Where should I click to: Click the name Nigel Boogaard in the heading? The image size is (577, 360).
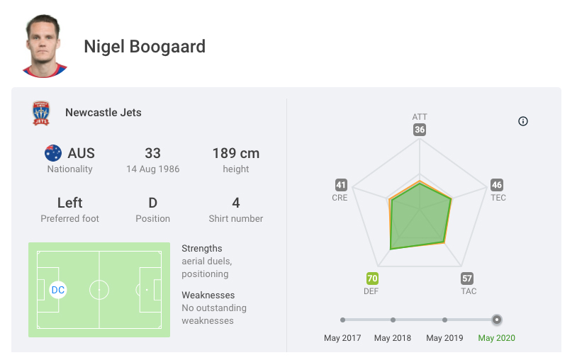click(145, 47)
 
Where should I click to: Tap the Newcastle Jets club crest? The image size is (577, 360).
click(41, 113)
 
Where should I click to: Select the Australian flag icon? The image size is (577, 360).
click(53, 153)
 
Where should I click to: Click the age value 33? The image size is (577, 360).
click(152, 153)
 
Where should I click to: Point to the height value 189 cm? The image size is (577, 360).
click(235, 153)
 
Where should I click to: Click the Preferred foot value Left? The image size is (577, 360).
click(69, 203)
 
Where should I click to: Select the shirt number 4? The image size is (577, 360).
click(235, 203)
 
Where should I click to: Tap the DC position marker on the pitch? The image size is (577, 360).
click(58, 290)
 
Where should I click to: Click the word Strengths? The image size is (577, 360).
click(202, 249)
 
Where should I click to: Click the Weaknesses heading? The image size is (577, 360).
click(208, 295)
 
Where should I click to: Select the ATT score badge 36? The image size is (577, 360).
click(420, 130)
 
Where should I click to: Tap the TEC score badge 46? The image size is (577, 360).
click(497, 185)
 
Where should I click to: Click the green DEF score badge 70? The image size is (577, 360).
click(372, 279)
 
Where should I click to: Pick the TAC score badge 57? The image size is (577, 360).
click(467, 279)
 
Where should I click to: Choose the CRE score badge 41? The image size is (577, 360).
click(341, 185)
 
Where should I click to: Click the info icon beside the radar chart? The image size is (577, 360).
click(523, 121)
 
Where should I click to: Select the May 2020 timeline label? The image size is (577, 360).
click(496, 338)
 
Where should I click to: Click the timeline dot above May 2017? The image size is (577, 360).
click(342, 320)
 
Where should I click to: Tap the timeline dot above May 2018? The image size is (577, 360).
click(393, 320)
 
